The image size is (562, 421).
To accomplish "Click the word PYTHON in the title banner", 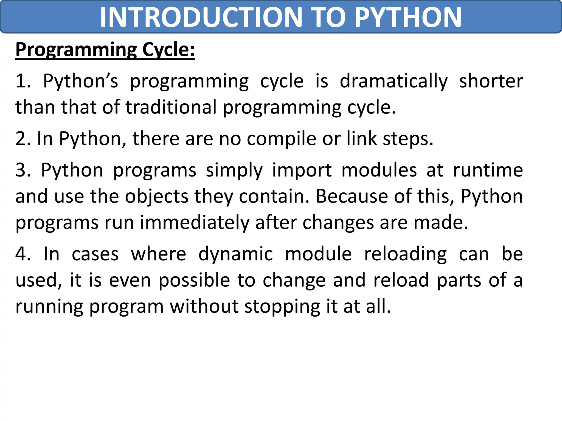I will [x=408, y=17].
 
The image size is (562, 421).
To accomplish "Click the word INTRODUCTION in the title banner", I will [x=201, y=17].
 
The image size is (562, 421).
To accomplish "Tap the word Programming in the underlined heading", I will [x=76, y=50].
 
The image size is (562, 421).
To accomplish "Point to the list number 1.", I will [x=23, y=81].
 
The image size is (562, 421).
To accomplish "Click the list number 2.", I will [x=23, y=139].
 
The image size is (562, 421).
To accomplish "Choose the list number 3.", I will [x=23, y=170].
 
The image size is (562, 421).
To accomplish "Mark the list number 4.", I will [x=23, y=254].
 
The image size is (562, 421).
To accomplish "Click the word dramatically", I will [x=394, y=82].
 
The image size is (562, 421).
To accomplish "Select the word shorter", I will [x=491, y=81].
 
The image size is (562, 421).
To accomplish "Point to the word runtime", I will [x=488, y=170].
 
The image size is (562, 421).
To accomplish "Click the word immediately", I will [x=195, y=223].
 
